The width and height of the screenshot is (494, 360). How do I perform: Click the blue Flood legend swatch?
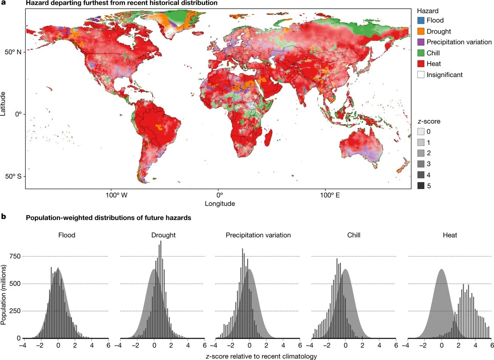tap(420, 20)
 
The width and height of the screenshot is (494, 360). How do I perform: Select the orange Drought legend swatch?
tap(420, 31)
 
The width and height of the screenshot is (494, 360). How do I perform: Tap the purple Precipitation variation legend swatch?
tap(420, 42)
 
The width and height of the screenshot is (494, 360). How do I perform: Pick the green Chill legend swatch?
tap(420, 53)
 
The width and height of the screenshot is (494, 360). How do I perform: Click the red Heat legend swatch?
tap(420, 64)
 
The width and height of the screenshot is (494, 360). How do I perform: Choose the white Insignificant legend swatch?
tap(420, 75)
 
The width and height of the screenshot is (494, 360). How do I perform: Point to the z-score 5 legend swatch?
tap(420, 186)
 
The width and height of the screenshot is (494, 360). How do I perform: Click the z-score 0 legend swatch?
tap(420, 132)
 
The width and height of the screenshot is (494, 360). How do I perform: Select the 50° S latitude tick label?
tap(14, 176)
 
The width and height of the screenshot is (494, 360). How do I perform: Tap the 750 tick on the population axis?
tap(15, 256)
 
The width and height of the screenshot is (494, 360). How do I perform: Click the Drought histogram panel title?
tap(163, 236)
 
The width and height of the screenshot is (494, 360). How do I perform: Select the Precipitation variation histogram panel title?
tap(258, 236)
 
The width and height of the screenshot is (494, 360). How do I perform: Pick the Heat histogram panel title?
tap(450, 236)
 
